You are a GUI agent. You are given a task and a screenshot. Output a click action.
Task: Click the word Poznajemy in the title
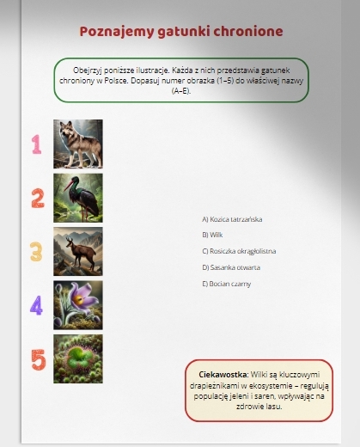[x=117, y=32]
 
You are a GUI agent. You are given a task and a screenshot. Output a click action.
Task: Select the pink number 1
[x=37, y=144]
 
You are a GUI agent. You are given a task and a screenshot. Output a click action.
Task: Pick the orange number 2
[x=38, y=198]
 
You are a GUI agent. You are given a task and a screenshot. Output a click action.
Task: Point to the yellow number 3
[x=36, y=252]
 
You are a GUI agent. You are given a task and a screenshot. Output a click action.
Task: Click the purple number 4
[x=36, y=305]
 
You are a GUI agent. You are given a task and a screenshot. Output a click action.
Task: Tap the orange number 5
[x=39, y=359]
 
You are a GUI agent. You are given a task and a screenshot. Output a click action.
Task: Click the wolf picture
[x=78, y=144]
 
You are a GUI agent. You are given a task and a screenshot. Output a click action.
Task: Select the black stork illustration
[x=78, y=198]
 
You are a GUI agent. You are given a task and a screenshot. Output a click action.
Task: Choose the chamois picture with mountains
[x=78, y=251]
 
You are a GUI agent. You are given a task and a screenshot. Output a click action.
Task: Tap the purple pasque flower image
[x=78, y=305]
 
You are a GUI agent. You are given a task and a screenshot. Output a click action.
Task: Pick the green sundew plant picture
[x=78, y=358]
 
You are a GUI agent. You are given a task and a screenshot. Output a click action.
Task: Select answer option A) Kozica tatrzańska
[x=232, y=219]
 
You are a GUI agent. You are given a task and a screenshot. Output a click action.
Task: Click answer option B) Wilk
[x=212, y=235]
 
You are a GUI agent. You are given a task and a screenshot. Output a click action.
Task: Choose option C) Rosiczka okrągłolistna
[x=239, y=251]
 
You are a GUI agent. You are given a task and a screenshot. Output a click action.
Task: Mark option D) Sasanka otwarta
[x=231, y=267]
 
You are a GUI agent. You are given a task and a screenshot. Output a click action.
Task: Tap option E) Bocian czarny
[x=226, y=284]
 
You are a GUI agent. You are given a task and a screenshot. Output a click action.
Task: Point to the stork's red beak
[x=68, y=187]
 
